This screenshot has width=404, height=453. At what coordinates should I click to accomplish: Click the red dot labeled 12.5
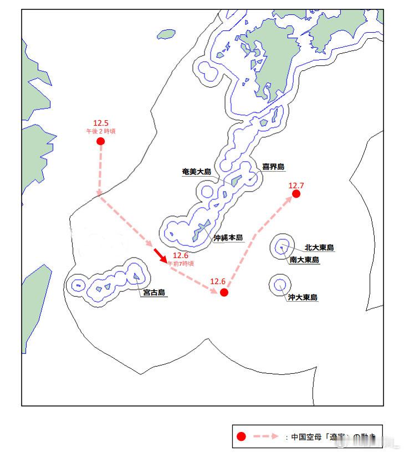point(100,141)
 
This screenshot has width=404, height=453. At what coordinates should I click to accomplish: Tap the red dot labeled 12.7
point(296,194)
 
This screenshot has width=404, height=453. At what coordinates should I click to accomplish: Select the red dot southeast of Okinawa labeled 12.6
point(224,292)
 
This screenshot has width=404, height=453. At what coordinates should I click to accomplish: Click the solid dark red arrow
point(161,255)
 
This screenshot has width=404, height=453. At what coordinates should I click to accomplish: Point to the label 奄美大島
point(197,172)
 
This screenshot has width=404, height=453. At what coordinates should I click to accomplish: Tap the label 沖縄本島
point(229,238)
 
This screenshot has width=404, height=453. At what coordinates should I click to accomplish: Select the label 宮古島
point(154,293)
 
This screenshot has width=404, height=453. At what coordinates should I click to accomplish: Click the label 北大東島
point(319,248)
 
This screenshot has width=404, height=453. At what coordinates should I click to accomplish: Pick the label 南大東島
point(304,260)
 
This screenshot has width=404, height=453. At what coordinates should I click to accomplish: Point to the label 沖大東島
point(303,297)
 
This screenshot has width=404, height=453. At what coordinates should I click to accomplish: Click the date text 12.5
point(100,123)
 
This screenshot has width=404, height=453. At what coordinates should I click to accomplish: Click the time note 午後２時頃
point(100,131)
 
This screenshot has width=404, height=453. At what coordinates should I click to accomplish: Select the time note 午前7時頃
point(181,264)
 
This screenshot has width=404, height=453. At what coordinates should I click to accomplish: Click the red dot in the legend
point(241,436)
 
